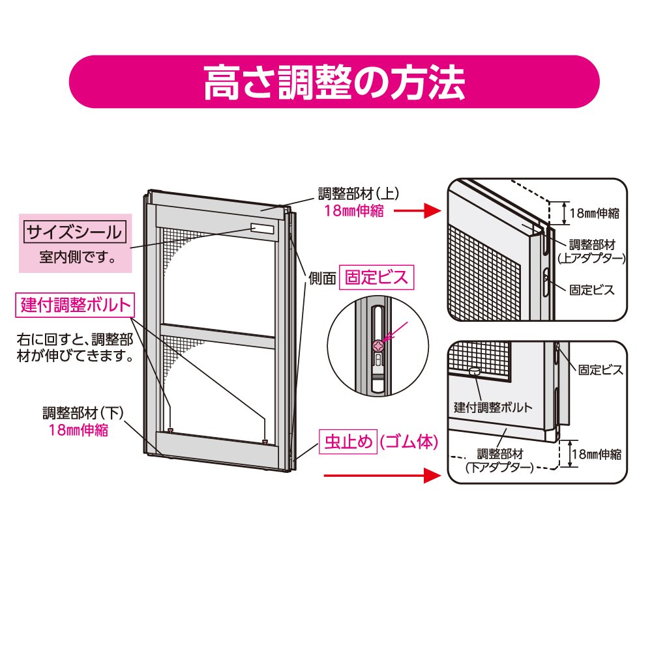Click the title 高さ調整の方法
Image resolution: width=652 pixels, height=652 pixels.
334,82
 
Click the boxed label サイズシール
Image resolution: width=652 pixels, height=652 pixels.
73,231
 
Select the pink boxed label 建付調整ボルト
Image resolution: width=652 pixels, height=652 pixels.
77,305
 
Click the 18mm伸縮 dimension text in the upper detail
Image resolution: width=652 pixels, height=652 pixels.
593,212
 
